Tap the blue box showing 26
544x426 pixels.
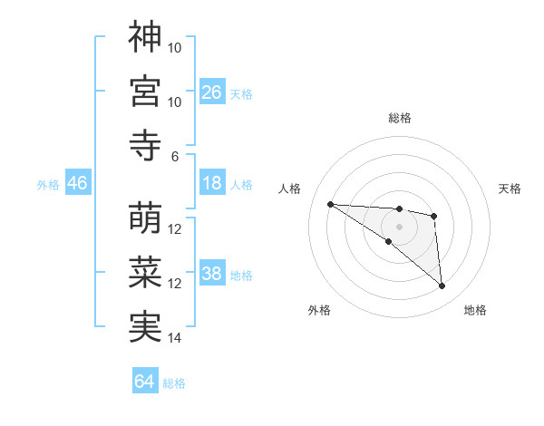212,92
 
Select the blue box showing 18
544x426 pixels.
212,183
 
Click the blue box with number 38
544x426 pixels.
212,274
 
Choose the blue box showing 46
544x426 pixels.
78,183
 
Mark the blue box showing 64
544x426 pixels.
145,382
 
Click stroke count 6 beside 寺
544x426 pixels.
175,156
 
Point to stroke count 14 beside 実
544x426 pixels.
175,338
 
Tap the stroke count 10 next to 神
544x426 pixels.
175,47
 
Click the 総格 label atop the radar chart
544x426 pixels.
399,118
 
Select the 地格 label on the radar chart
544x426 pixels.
475,310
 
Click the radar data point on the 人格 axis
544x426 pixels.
330,204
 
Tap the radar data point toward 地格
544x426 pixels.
442,286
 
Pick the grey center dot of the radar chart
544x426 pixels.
399,226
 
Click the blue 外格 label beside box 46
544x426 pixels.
48,184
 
